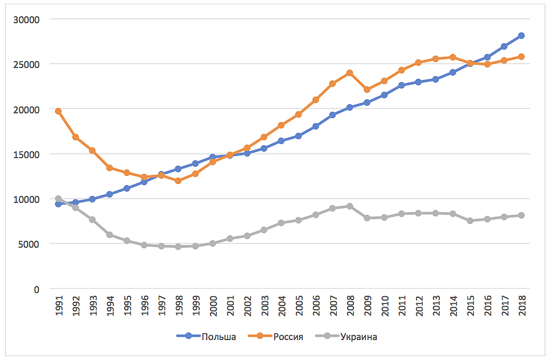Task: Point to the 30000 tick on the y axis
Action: (x=30, y=19)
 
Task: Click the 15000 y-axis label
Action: (x=30, y=154)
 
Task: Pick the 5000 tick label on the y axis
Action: (x=32, y=244)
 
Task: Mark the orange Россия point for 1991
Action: (x=58, y=111)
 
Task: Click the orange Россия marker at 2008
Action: (x=350, y=73)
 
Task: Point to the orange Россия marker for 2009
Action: (x=367, y=90)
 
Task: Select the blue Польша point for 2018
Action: (x=521, y=36)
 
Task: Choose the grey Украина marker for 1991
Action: (x=58, y=199)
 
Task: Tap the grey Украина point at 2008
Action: (x=350, y=206)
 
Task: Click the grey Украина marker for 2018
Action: (x=521, y=215)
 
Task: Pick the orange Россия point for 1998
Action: (x=178, y=181)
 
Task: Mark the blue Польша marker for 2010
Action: (x=384, y=95)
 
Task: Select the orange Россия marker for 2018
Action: (x=521, y=57)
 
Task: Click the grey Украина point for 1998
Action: (x=178, y=247)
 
